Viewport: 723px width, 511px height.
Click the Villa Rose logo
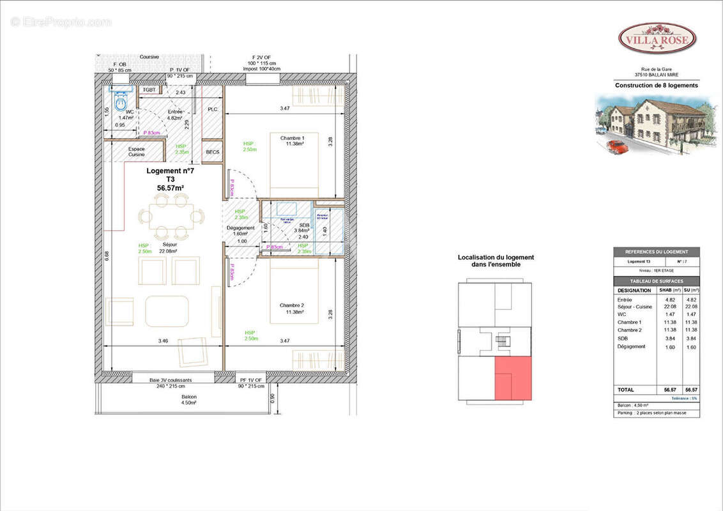(x=657, y=38)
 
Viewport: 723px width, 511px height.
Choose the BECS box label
(x=213, y=152)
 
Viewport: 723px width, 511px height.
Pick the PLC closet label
(x=213, y=109)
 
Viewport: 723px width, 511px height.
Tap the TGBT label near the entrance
(x=149, y=90)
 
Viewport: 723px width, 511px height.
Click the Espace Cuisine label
(x=136, y=151)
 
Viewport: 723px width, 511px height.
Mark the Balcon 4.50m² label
(x=188, y=400)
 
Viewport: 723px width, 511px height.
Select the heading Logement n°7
(x=165, y=171)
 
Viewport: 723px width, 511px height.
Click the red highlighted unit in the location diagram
(x=513, y=378)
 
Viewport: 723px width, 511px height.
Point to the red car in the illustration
(x=617, y=146)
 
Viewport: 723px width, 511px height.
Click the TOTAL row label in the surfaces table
(x=627, y=389)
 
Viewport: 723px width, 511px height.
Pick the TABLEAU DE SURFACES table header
(x=657, y=281)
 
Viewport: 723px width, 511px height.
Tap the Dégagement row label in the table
(x=631, y=346)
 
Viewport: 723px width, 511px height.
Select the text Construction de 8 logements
(x=656, y=86)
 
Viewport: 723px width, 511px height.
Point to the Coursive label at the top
(x=149, y=57)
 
